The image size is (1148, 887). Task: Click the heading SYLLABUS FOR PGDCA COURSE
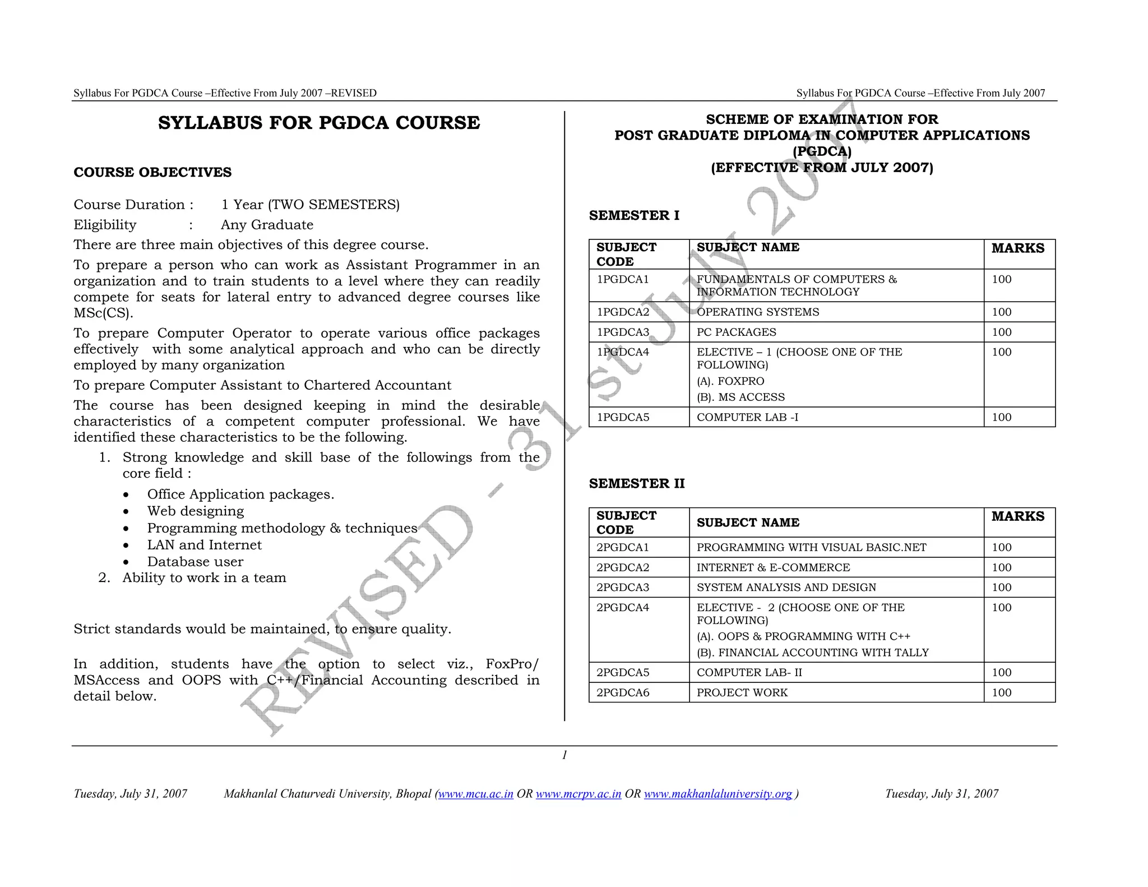coord(319,123)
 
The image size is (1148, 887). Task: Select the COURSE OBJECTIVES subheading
coord(152,172)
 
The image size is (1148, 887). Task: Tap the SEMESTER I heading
coord(634,215)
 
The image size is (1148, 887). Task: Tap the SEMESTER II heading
coord(637,483)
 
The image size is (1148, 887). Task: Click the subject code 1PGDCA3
coord(623,332)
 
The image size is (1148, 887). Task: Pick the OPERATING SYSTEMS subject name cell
coord(758,312)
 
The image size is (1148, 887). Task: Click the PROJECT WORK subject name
coord(742,692)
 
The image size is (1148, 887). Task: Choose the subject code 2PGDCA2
coord(623,567)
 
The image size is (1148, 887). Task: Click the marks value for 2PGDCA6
coord(1002,692)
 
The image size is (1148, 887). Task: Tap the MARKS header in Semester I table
coord(1018,248)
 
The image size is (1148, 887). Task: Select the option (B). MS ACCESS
coord(740,397)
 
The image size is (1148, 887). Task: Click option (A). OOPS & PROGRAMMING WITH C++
coord(803,636)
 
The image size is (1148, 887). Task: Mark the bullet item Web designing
coord(196,511)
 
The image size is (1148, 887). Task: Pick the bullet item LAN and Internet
coord(204,544)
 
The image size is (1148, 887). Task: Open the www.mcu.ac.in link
coord(476,793)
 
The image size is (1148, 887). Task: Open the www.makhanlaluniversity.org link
coord(718,793)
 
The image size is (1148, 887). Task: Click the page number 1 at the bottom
coord(564,755)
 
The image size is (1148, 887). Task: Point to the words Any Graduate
coord(267,225)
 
